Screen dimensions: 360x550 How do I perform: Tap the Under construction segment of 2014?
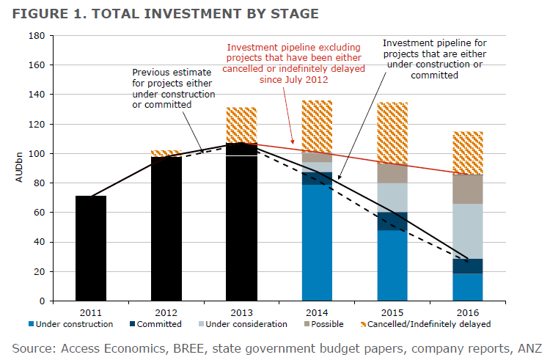click(x=317, y=243)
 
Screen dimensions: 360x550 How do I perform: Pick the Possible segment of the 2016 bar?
click(x=467, y=189)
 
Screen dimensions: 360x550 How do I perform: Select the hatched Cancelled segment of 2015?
click(x=392, y=132)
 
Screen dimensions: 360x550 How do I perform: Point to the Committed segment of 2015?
click(x=392, y=221)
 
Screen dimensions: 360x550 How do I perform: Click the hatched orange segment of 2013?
click(x=241, y=125)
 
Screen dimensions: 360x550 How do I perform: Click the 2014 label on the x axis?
click(x=316, y=311)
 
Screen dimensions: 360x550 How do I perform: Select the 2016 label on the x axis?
click(x=467, y=311)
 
